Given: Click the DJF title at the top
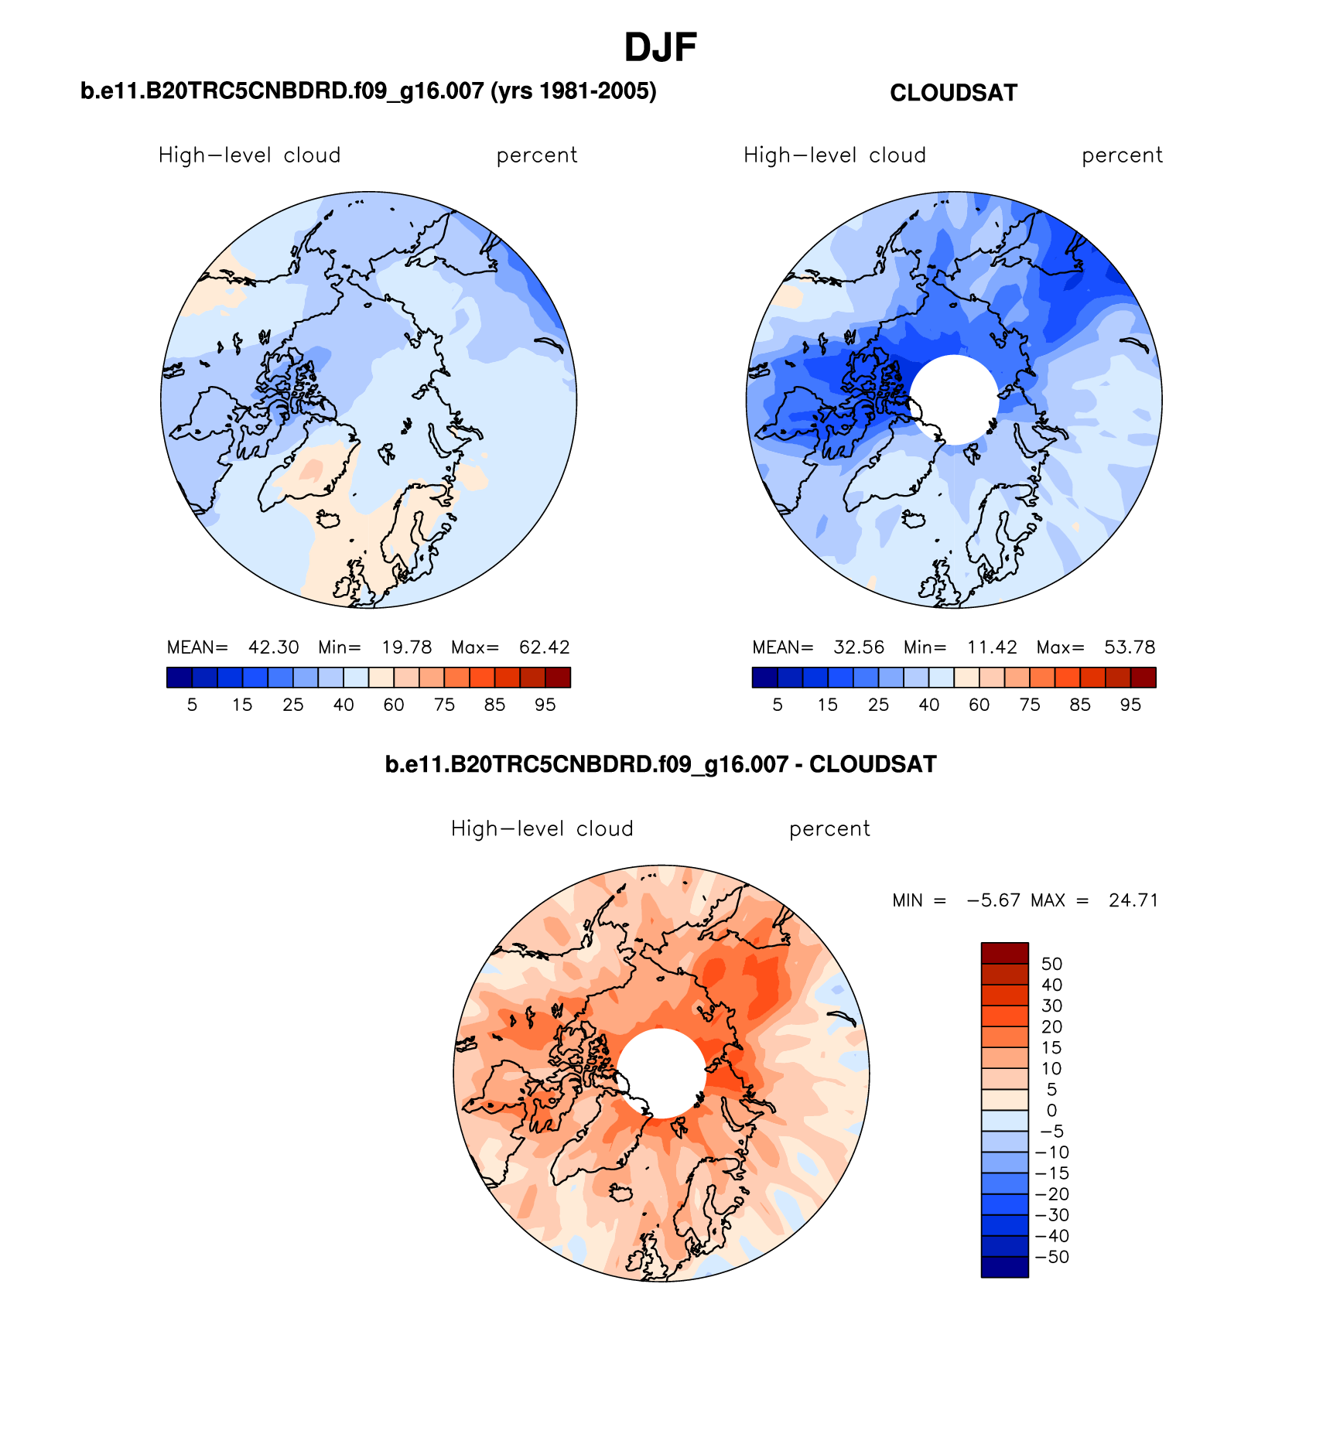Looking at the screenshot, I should (661, 48).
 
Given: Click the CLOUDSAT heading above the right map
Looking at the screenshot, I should (953, 93).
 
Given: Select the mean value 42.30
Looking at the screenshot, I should (273, 647).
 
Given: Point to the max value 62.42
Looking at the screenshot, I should (545, 647).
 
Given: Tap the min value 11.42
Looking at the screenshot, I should (992, 647).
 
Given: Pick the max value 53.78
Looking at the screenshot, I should (1130, 647).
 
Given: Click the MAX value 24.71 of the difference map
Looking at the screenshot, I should (1133, 900).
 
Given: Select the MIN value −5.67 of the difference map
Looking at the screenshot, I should (993, 900).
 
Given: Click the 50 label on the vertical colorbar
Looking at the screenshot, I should (1051, 964).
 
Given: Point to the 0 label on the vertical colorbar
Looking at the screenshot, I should (1051, 1111).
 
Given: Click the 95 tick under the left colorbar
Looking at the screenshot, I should (545, 705).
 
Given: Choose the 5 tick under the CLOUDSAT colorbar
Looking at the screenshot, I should (778, 705).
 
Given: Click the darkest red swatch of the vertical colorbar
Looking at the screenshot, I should (1004, 953).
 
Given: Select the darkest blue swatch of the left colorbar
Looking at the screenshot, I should (179, 678).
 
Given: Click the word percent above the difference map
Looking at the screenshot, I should (829, 829).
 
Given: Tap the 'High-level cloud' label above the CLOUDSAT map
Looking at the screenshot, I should (835, 155).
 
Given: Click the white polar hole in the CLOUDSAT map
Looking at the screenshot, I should (954, 399).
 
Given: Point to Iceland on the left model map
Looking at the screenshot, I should (329, 519).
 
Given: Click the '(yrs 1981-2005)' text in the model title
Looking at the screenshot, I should (573, 91).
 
